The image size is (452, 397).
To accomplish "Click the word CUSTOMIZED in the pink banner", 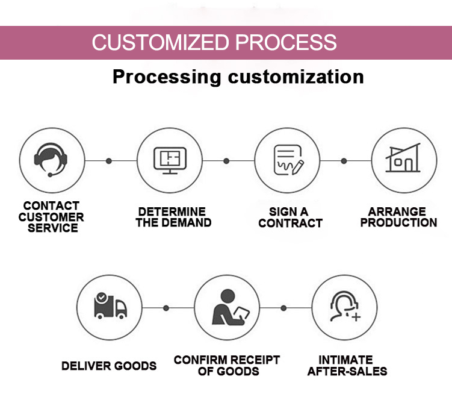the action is click(x=160, y=42).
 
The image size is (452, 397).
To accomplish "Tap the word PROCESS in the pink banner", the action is click(x=286, y=42).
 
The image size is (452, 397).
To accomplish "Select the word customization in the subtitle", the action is click(x=296, y=77).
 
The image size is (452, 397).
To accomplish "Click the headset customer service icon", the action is click(x=51, y=160).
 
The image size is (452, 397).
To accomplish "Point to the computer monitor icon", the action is click(x=170, y=160).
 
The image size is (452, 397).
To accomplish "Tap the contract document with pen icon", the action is click(x=288, y=160).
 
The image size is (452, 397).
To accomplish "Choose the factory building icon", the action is click(x=403, y=157).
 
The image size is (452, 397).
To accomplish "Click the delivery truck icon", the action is click(x=110, y=306).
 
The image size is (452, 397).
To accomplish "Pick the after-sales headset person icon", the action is click(x=345, y=307).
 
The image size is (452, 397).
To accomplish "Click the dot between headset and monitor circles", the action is click(x=109, y=161).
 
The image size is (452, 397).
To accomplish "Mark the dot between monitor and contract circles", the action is click(x=226, y=161).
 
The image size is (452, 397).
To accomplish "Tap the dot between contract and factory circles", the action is click(x=344, y=161).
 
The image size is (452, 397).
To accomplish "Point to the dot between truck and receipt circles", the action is click(x=166, y=308).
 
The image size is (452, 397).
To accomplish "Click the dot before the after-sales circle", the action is click(x=283, y=308).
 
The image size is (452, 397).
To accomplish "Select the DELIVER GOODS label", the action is click(x=109, y=366).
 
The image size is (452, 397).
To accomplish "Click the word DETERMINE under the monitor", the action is click(x=172, y=212).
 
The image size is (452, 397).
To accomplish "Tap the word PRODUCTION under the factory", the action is click(x=398, y=222).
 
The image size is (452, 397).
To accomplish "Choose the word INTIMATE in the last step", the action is click(x=345, y=360).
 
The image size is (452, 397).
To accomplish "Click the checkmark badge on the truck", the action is click(x=102, y=297).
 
